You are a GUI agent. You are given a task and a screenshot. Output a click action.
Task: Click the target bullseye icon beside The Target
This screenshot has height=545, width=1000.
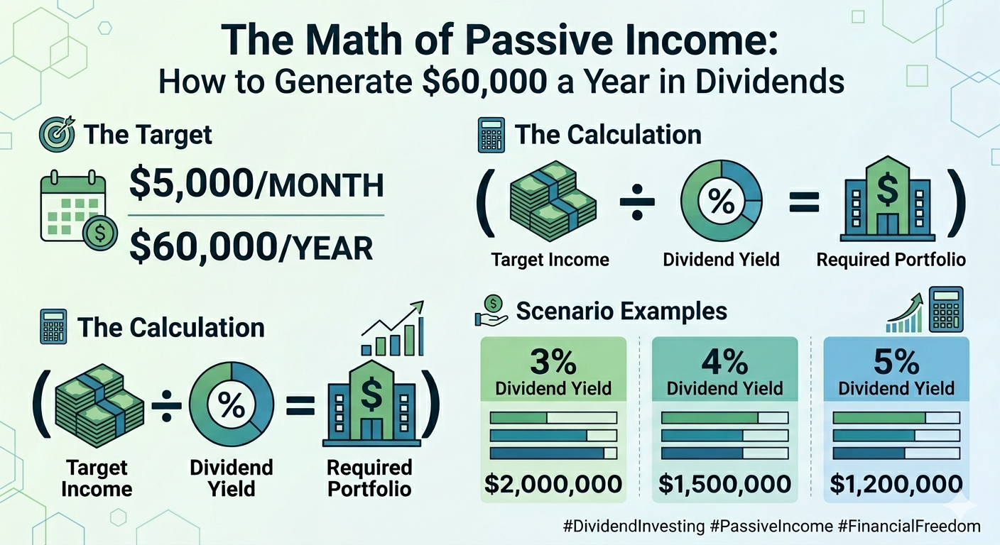point(58,134)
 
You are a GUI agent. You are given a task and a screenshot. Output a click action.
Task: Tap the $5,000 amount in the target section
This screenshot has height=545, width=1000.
point(191,183)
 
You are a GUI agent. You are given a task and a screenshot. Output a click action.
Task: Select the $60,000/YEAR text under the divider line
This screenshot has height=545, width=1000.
point(251,247)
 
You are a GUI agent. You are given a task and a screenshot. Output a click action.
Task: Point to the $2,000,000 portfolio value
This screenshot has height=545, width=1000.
point(553,484)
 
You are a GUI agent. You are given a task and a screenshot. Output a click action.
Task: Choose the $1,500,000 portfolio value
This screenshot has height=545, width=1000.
point(724,484)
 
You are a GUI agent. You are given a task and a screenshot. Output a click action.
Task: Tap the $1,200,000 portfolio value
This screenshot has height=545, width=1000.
point(896,484)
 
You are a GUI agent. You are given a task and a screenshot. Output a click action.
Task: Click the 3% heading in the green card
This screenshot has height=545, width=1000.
point(553,362)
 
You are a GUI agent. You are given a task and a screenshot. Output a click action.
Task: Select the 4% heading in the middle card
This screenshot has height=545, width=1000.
point(724,362)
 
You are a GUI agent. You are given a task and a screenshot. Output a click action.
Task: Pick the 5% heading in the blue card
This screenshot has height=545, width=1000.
point(896,362)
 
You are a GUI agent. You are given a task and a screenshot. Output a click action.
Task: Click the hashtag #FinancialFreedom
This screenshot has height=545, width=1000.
point(909,527)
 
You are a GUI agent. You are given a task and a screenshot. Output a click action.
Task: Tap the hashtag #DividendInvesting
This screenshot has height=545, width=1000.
point(634,527)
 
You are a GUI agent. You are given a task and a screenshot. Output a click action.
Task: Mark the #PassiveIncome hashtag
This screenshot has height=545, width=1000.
point(771,527)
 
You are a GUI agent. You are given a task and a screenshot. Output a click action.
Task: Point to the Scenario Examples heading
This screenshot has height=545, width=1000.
point(621,311)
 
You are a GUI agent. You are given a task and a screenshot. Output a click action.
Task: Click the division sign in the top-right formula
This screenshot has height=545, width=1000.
point(637,202)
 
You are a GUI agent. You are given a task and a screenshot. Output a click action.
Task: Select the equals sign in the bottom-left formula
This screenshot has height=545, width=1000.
point(300,405)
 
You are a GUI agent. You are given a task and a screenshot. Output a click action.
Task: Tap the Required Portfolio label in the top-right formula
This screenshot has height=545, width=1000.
point(891,260)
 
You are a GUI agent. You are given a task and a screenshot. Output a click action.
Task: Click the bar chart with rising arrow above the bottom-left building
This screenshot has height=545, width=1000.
point(393,329)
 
